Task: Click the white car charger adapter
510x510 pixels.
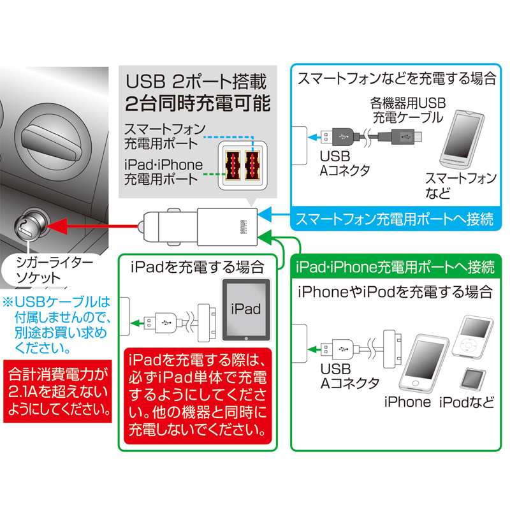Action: (198, 225)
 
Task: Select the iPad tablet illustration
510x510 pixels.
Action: (245, 310)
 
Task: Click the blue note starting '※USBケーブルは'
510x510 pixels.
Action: (59, 324)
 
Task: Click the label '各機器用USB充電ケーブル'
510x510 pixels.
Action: (407, 109)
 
